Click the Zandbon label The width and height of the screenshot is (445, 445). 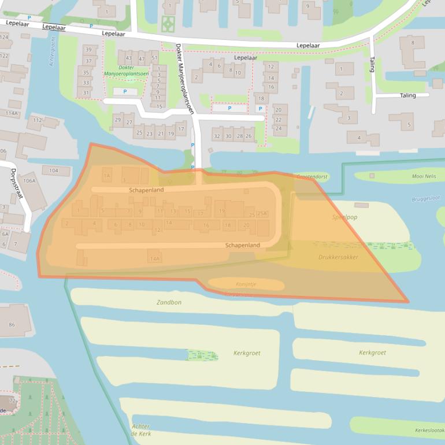[169, 302]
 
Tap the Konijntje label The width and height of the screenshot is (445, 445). [246, 284]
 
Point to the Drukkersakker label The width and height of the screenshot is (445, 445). [338, 257]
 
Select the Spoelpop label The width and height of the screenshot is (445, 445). [344, 217]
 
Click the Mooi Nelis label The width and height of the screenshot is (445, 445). [424, 176]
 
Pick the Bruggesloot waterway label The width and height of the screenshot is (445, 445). [426, 198]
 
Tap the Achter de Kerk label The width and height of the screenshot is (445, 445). [141, 430]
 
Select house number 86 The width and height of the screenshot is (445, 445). [12, 325]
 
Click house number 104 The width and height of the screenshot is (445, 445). [54, 170]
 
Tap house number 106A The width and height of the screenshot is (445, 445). [29, 180]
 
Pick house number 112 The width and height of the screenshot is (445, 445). [37, 120]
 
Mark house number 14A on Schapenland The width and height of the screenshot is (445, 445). [154, 258]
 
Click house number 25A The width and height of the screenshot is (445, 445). [262, 214]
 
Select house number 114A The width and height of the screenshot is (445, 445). [12, 113]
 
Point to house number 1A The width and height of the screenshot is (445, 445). [106, 175]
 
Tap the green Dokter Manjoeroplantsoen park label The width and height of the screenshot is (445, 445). [118, 71]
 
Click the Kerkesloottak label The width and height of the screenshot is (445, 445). [429, 430]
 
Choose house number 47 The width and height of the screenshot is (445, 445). [142, 58]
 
